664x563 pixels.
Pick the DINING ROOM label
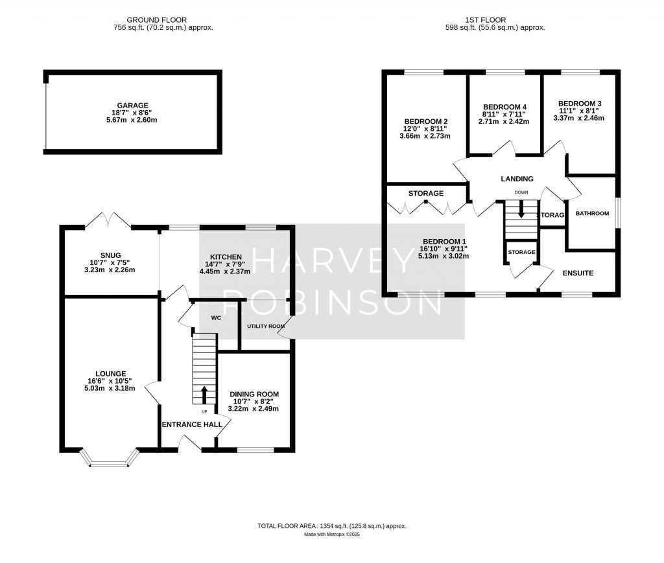254,394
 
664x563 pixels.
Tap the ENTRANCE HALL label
192,424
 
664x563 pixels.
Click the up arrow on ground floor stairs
205,393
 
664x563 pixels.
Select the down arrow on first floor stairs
521,211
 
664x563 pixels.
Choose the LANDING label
517,179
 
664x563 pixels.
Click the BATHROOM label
592,214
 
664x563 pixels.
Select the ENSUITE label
577,273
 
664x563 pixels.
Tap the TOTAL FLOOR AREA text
331,527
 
